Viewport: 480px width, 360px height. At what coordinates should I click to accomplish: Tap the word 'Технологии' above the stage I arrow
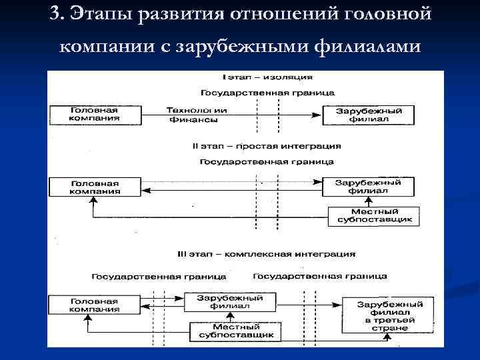pyautogui.click(x=197, y=110)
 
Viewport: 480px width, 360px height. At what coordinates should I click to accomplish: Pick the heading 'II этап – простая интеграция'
pyautogui.click(x=266, y=145)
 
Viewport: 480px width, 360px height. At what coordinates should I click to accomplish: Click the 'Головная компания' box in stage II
pyautogui.click(x=95, y=186)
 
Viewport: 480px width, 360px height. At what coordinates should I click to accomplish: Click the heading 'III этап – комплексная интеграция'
pyautogui.click(x=266, y=254)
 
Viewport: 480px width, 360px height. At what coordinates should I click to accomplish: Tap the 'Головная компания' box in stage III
pyautogui.click(x=95, y=305)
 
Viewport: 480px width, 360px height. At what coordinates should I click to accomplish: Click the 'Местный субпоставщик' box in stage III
pyautogui.click(x=232, y=331)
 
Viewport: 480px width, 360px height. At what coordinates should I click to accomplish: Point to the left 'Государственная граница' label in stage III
pyautogui.click(x=159, y=276)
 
